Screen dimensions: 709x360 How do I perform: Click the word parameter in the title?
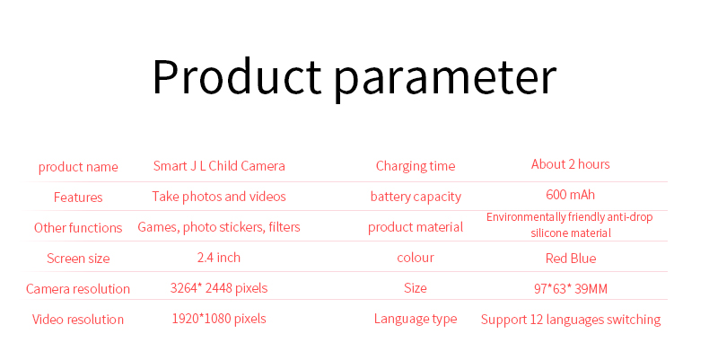[445, 79]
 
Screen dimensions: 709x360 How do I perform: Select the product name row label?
[78, 167]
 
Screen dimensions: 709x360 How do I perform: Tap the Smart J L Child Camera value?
[219, 166]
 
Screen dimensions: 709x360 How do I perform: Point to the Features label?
[78, 198]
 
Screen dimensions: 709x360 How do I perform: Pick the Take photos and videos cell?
[219, 197]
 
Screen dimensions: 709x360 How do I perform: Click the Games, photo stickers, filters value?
[219, 227]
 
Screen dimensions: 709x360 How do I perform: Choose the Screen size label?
[78, 259]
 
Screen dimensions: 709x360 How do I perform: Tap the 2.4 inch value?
[219, 258]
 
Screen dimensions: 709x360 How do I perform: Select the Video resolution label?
[78, 320]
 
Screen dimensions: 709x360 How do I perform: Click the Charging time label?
[416, 166]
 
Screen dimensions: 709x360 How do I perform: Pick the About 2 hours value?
[571, 164]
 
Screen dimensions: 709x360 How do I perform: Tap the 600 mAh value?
[571, 195]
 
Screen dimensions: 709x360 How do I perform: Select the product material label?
[416, 227]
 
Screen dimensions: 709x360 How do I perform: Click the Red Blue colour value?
[571, 259]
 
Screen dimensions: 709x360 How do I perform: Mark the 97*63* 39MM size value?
[571, 288]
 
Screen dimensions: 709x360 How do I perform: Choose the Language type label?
[416, 320]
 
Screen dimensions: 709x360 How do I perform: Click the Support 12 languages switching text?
[571, 320]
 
